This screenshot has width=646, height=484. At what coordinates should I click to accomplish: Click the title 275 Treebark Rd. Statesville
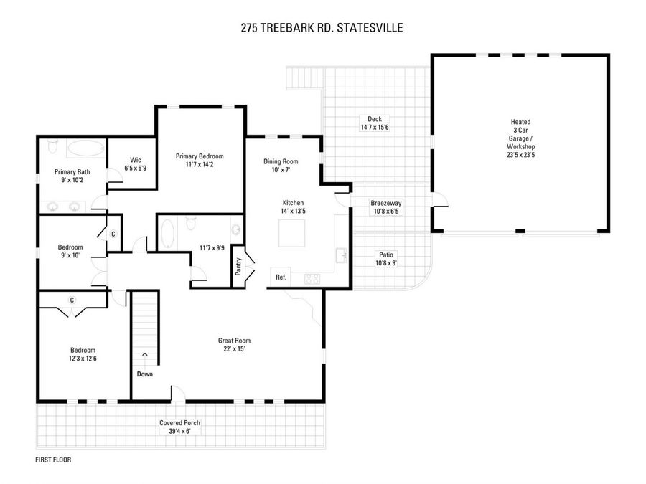(x=322, y=28)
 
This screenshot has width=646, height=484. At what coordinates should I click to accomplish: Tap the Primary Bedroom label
(x=200, y=156)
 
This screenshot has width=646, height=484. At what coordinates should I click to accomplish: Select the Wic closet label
(x=136, y=160)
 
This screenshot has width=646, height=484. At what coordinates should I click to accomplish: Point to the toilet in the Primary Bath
(x=52, y=146)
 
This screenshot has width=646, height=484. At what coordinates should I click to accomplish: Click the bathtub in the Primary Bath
(x=86, y=148)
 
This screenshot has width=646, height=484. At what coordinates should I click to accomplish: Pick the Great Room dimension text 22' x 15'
(x=234, y=349)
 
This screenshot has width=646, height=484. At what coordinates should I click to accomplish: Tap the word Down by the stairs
(x=144, y=374)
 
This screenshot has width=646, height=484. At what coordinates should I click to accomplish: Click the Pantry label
(x=238, y=266)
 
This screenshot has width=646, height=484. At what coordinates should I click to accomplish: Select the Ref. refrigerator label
(x=281, y=277)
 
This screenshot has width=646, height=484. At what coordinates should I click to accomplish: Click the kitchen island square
(x=292, y=233)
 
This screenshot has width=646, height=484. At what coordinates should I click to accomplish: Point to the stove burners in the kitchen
(x=312, y=279)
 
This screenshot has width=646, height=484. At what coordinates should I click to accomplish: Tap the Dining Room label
(x=281, y=162)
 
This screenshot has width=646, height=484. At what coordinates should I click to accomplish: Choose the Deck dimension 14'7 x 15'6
(x=375, y=128)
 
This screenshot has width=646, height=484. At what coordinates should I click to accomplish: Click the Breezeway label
(x=385, y=204)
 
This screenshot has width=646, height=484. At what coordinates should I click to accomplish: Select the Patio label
(x=386, y=255)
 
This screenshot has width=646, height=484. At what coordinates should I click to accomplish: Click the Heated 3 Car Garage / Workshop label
(x=521, y=134)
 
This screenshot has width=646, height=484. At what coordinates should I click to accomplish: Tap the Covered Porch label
(x=179, y=423)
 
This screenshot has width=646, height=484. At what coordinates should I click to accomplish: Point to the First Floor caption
(x=53, y=460)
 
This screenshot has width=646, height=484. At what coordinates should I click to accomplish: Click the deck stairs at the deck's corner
(x=304, y=77)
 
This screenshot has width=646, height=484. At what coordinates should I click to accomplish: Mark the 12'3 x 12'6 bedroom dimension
(x=83, y=359)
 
